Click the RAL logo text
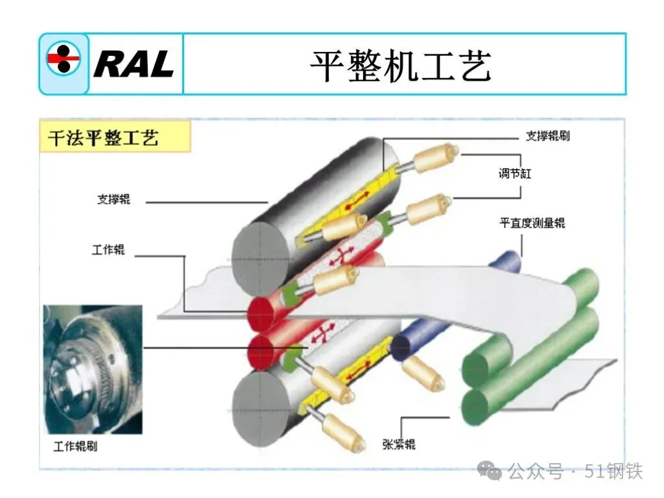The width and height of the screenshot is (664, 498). click(134, 64)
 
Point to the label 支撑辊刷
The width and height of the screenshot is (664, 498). click(547, 136)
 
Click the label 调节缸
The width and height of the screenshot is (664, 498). click(516, 174)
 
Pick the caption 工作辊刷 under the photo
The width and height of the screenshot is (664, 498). click(75, 447)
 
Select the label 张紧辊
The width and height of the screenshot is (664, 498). click(399, 444)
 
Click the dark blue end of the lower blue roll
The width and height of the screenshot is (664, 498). click(400, 348)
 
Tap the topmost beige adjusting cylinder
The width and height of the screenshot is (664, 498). click(436, 157)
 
